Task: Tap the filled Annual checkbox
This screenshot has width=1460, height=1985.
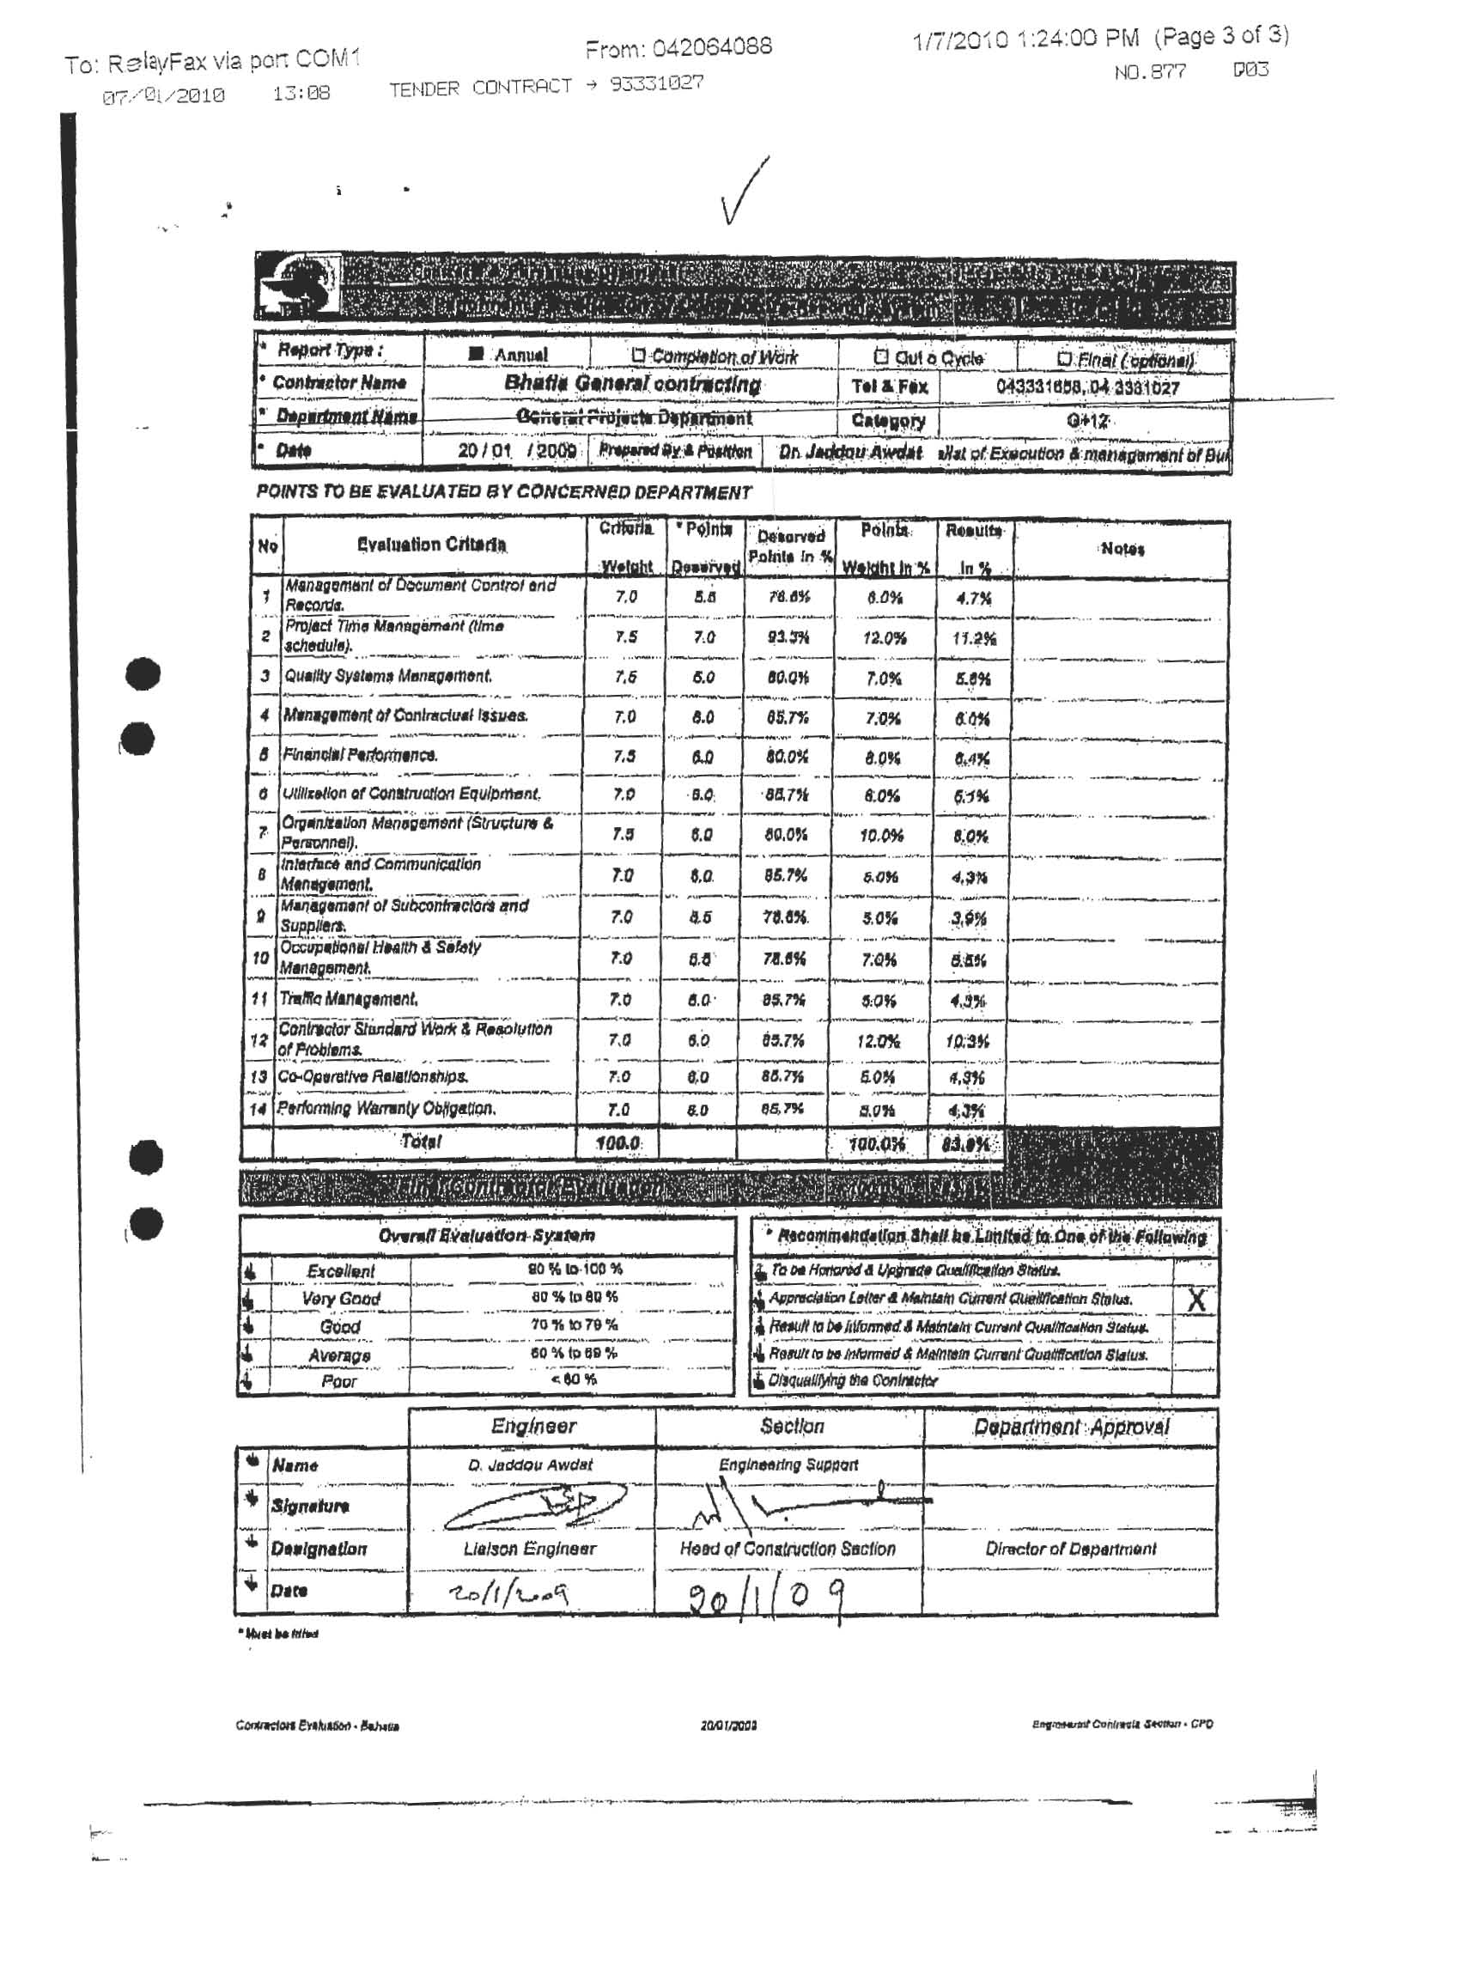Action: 477,355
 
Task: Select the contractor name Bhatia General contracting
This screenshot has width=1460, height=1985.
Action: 632,385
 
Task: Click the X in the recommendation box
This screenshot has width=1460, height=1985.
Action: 1195,1300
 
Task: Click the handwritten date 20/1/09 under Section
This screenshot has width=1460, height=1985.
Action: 764,1597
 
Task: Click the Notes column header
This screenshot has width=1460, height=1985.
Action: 1122,550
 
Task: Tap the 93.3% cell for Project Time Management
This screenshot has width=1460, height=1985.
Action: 789,637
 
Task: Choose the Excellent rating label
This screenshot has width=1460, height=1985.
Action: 341,1271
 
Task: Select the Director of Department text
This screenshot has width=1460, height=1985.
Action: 1070,1550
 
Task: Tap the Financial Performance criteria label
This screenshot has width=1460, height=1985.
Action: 361,756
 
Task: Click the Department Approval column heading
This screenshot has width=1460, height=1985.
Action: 1070,1428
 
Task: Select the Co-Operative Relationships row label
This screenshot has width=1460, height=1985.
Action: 373,1077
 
